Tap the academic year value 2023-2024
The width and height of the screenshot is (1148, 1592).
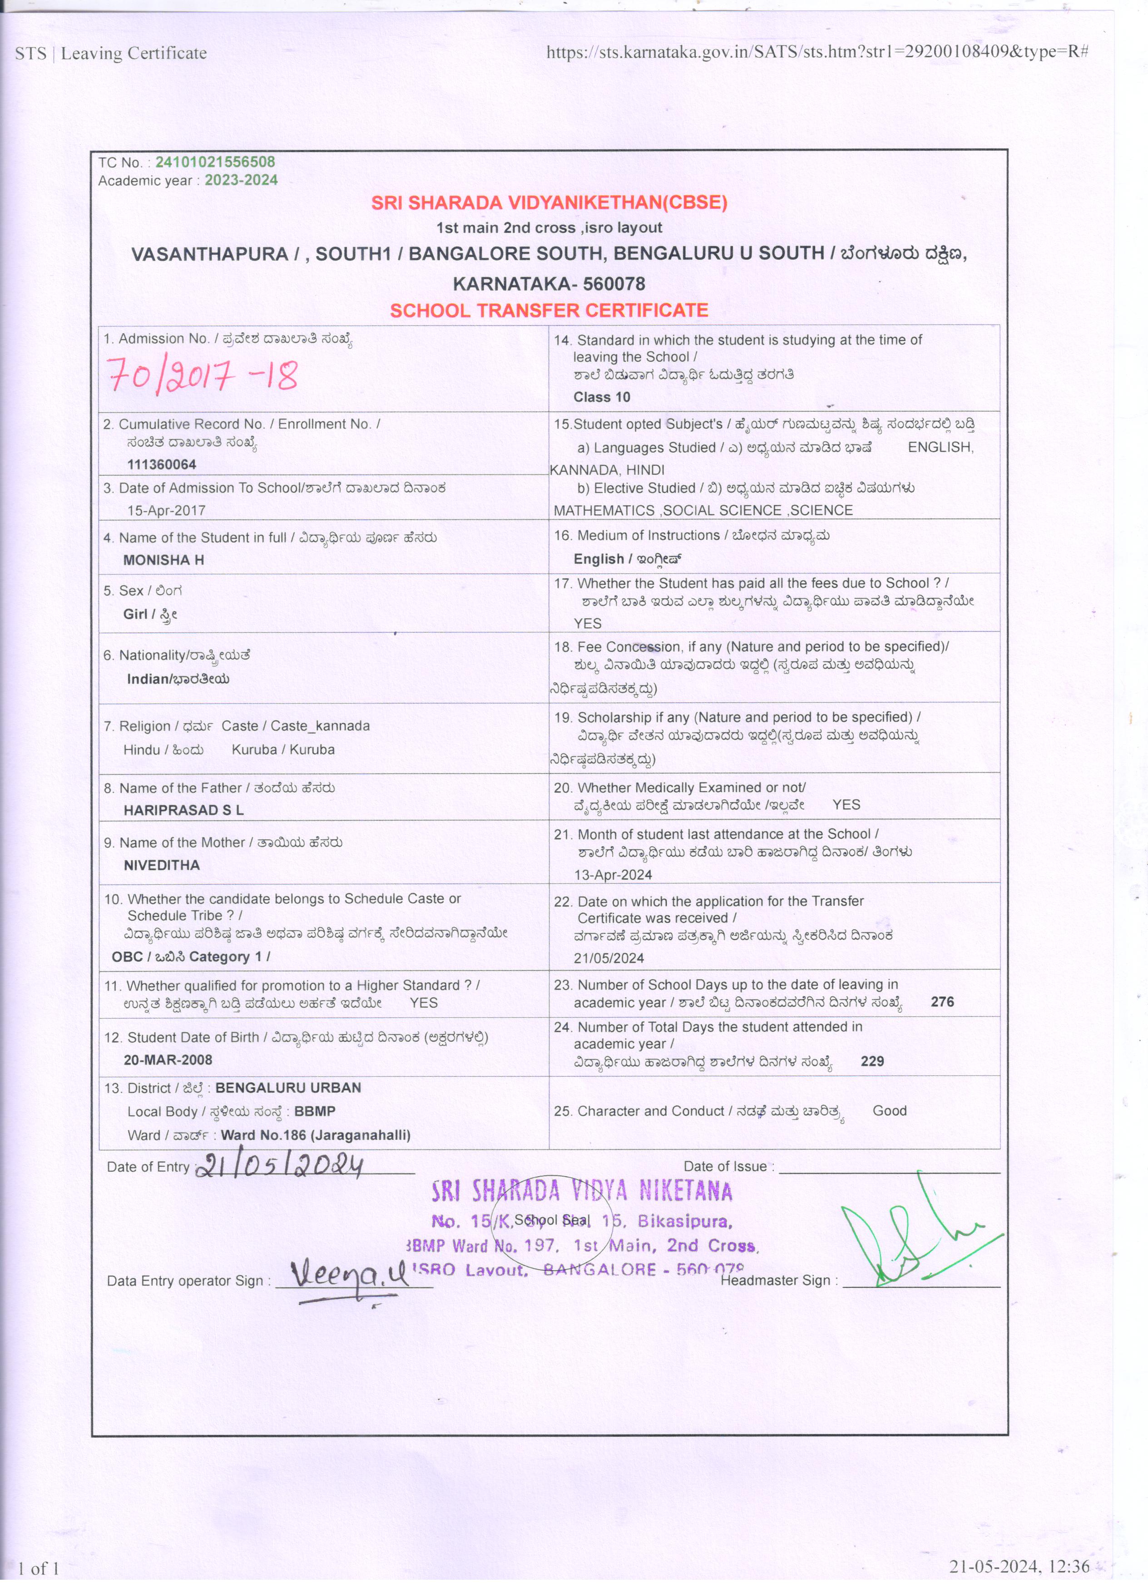[x=241, y=180]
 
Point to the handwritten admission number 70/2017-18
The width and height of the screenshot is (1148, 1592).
[x=202, y=375]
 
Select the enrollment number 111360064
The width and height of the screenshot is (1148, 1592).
[x=162, y=465]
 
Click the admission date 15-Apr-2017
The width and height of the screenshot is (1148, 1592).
[x=166, y=510]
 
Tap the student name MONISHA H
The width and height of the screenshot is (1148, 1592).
[x=163, y=560]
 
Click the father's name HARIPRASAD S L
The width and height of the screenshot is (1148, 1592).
[x=183, y=810]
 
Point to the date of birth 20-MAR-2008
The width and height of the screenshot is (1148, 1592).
[x=168, y=1060]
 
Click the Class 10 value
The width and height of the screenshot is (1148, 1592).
[x=602, y=397]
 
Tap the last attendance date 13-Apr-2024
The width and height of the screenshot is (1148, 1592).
[x=613, y=875]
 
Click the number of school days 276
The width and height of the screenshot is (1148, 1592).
[x=942, y=1002]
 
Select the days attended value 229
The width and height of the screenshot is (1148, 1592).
[x=872, y=1061]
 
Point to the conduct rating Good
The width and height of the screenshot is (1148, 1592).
[x=890, y=1111]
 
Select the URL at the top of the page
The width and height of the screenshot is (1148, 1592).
[x=817, y=51]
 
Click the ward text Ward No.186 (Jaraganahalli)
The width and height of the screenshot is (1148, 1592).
[x=316, y=1135]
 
